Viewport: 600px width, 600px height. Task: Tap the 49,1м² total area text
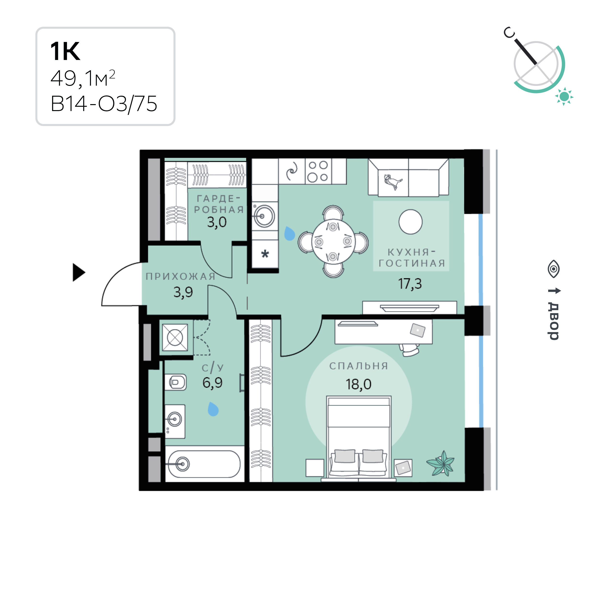83,78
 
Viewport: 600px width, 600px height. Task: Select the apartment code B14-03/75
104,104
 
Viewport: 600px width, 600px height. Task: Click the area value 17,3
410,284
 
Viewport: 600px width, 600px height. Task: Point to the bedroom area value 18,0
358,385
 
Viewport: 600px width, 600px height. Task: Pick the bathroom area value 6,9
212,383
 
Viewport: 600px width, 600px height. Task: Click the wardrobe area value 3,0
217,222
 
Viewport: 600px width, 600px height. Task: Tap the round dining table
333,242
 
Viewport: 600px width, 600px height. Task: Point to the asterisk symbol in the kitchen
265,254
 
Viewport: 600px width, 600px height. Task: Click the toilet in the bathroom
175,382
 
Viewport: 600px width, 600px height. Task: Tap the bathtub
204,464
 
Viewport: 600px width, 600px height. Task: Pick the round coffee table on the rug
410,222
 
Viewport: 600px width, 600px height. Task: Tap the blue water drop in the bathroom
213,409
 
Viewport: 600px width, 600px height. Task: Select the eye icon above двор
553,269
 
